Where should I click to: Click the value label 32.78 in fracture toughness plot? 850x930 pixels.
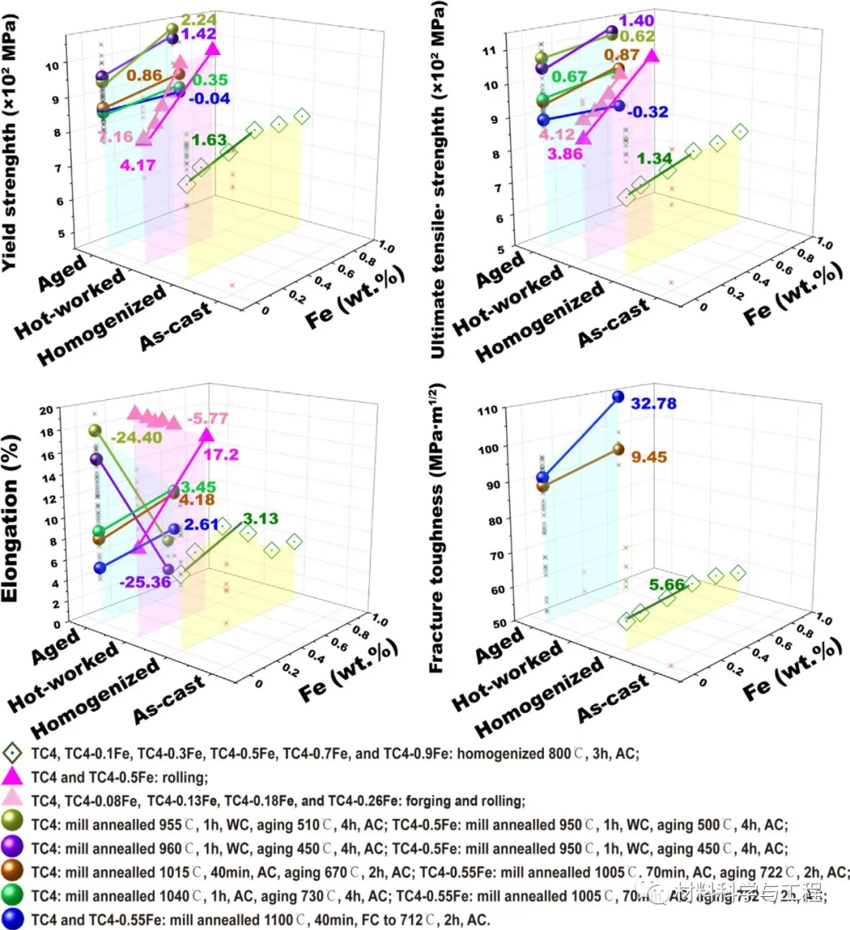pyautogui.click(x=653, y=404)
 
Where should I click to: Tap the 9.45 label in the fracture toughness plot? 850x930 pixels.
pyautogui.click(x=649, y=456)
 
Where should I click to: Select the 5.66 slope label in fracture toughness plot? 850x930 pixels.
pyautogui.click(x=666, y=585)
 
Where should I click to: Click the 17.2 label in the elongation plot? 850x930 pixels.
pyautogui.click(x=220, y=455)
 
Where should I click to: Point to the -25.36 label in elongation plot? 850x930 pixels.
pyautogui.click(x=145, y=582)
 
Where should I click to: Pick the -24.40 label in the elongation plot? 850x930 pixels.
pyautogui.click(x=136, y=437)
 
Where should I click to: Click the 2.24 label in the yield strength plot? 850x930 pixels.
pyautogui.click(x=198, y=20)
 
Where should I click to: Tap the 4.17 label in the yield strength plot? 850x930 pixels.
pyautogui.click(x=138, y=165)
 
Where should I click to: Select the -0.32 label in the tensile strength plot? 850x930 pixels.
pyautogui.click(x=648, y=112)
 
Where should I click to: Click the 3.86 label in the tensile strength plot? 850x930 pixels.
pyautogui.click(x=565, y=153)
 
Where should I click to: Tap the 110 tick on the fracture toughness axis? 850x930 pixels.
pyautogui.click(x=487, y=410)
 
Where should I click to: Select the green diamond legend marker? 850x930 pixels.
pyautogui.click(x=12, y=753)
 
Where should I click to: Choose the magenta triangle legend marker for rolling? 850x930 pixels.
pyautogui.click(x=12, y=777)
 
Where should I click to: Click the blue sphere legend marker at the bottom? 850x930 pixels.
pyautogui.click(x=12, y=918)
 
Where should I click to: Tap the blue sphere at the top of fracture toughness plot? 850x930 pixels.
pyautogui.click(x=618, y=397)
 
